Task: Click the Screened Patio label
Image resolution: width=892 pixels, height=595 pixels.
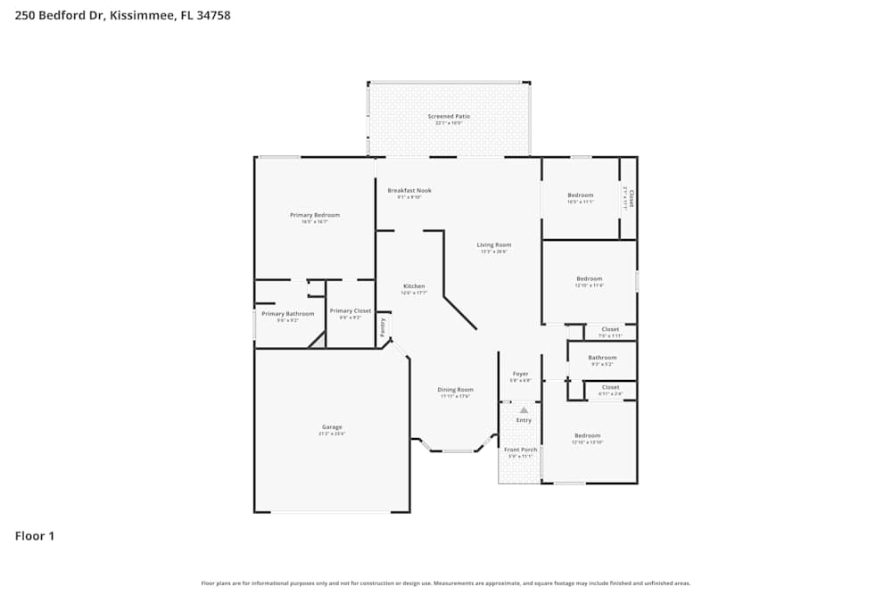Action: (449, 116)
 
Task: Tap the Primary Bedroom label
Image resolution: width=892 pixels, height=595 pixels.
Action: (315, 215)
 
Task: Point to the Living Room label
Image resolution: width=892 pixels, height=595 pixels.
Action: (494, 244)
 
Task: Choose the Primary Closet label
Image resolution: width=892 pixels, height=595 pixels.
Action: (351, 310)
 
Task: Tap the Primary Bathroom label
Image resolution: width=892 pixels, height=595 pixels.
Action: (287, 313)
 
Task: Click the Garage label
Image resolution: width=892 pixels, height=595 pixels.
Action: (332, 426)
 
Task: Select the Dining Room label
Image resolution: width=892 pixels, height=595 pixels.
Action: (455, 390)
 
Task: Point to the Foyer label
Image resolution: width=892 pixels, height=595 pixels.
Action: (520, 374)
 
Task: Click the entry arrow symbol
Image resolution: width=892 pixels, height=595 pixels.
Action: (524, 409)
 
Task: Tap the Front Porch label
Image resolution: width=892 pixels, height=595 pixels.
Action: (520, 450)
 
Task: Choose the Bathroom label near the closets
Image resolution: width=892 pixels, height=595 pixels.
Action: (602, 358)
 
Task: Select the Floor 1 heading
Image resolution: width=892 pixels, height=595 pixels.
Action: (35, 536)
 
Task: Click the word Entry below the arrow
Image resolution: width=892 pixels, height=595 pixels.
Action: (524, 420)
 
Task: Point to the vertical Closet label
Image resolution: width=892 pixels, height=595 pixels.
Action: (632, 197)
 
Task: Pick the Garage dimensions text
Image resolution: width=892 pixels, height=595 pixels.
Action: (332, 434)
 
